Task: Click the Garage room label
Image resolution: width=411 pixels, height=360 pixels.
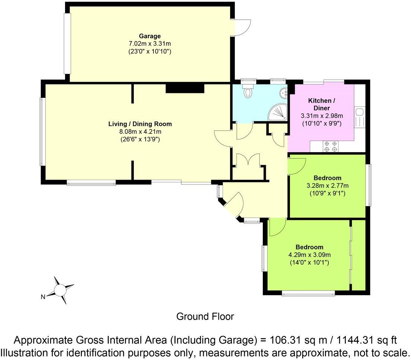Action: point(150,36)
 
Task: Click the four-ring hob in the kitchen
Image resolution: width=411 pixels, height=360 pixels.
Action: point(330,146)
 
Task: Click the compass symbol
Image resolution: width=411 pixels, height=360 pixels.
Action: point(60,290)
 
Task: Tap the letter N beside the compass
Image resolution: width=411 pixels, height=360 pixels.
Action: point(43,297)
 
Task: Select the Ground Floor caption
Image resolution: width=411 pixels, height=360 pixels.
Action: point(205,316)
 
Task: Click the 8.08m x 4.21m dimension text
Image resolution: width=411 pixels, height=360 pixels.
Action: point(140,132)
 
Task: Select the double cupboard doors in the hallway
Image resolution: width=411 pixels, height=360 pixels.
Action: point(248,159)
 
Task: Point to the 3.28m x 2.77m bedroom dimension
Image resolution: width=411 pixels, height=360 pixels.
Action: point(327,186)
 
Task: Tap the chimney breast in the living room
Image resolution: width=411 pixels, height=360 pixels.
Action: point(185,88)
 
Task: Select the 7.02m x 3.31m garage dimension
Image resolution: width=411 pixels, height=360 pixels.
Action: point(150,44)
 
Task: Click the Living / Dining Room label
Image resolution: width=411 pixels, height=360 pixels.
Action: point(140,124)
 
